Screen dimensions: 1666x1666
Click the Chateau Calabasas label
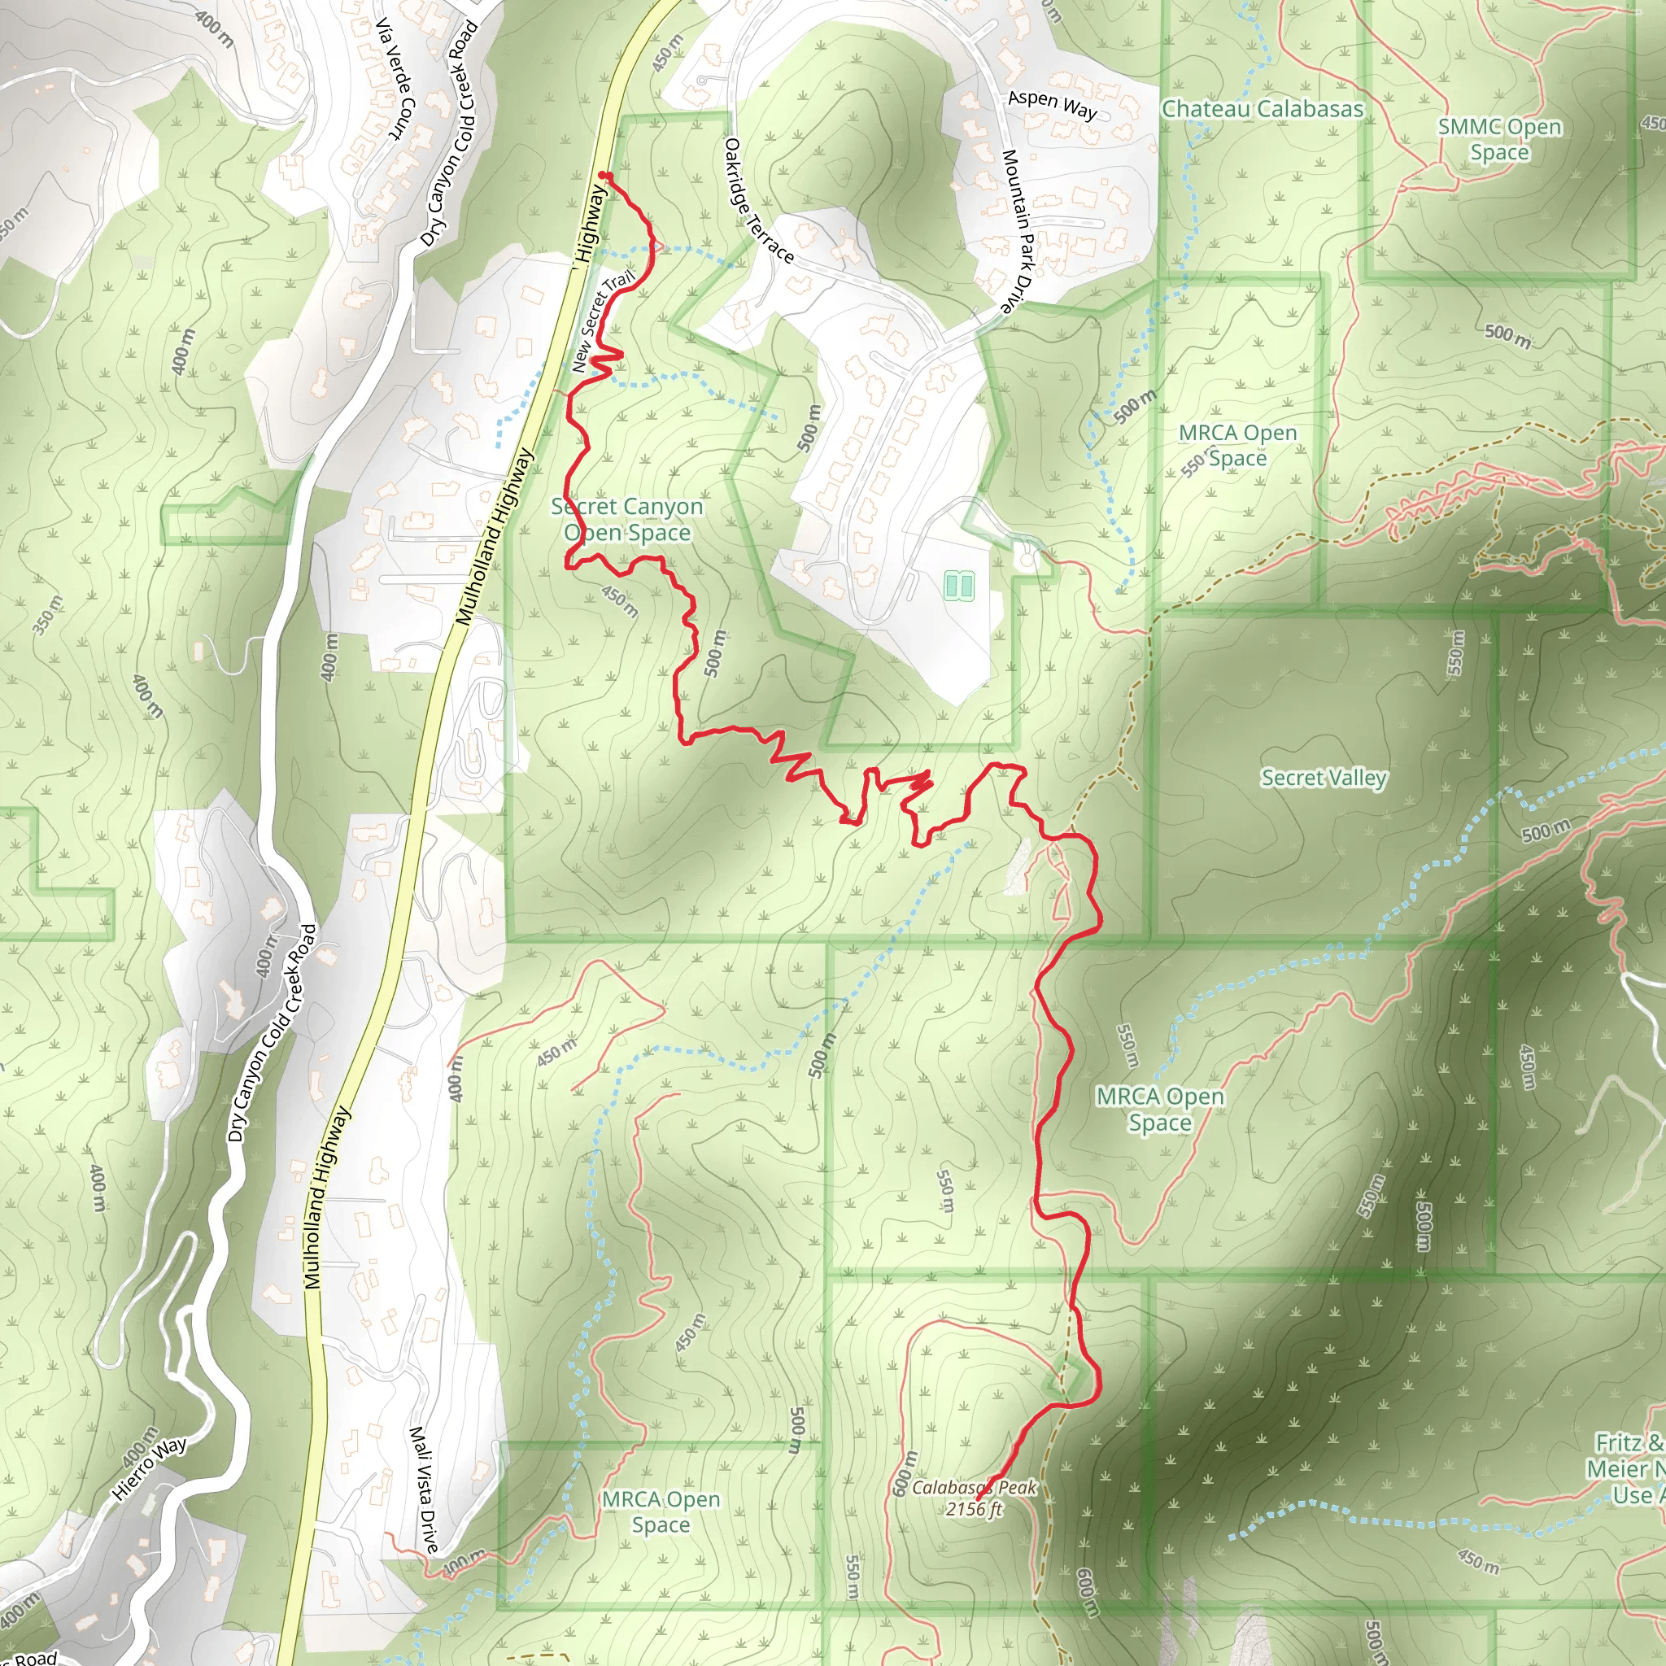coord(1263,109)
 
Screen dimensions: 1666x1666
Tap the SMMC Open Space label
coord(1499,140)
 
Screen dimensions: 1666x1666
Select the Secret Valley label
coord(1324,778)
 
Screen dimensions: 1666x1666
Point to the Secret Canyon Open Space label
coord(628,519)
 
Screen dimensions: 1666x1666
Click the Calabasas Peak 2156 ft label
coord(975,1498)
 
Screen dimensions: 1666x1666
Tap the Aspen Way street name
coord(1052,105)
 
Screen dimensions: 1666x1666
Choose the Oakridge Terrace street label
coord(758,201)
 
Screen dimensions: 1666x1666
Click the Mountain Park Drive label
coord(1018,231)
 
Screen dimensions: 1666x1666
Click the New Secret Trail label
coord(602,321)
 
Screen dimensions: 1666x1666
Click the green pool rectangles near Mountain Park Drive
coord(958,586)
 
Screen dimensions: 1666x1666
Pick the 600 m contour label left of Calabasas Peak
coord(901,1474)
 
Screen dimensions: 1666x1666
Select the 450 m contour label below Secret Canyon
coord(620,602)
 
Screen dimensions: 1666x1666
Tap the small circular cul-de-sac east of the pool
coord(1026,560)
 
